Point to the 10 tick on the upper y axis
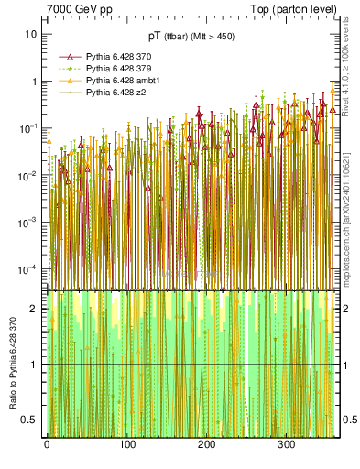point(31,34)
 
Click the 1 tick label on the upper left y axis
point(34,81)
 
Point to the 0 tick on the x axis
point(47,444)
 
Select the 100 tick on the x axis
point(127,444)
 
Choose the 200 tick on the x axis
point(207,444)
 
